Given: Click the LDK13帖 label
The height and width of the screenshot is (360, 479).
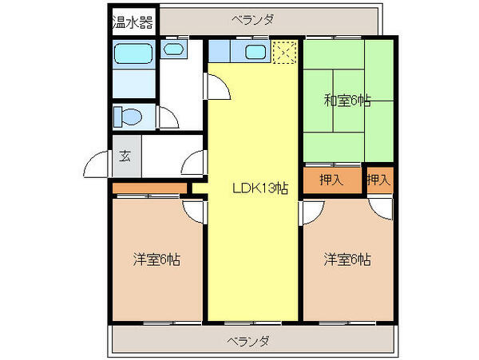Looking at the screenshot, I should pos(259,188).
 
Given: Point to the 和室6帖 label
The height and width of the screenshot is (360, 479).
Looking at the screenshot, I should pos(347,101).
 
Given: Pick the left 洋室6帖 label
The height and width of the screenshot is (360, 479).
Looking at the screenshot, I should pos(156,259).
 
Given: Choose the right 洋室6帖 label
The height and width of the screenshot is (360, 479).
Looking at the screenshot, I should pos(347,259).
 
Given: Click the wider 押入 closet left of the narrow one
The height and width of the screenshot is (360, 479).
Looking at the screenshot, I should pos(331,180).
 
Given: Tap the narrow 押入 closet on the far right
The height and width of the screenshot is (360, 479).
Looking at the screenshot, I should pos(378,180).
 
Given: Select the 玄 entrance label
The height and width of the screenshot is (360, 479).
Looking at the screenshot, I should pos(125,156).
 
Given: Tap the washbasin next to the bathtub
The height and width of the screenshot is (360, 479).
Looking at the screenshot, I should pos(174,51).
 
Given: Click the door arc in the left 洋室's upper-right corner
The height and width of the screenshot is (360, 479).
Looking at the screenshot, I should pos(194,210).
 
